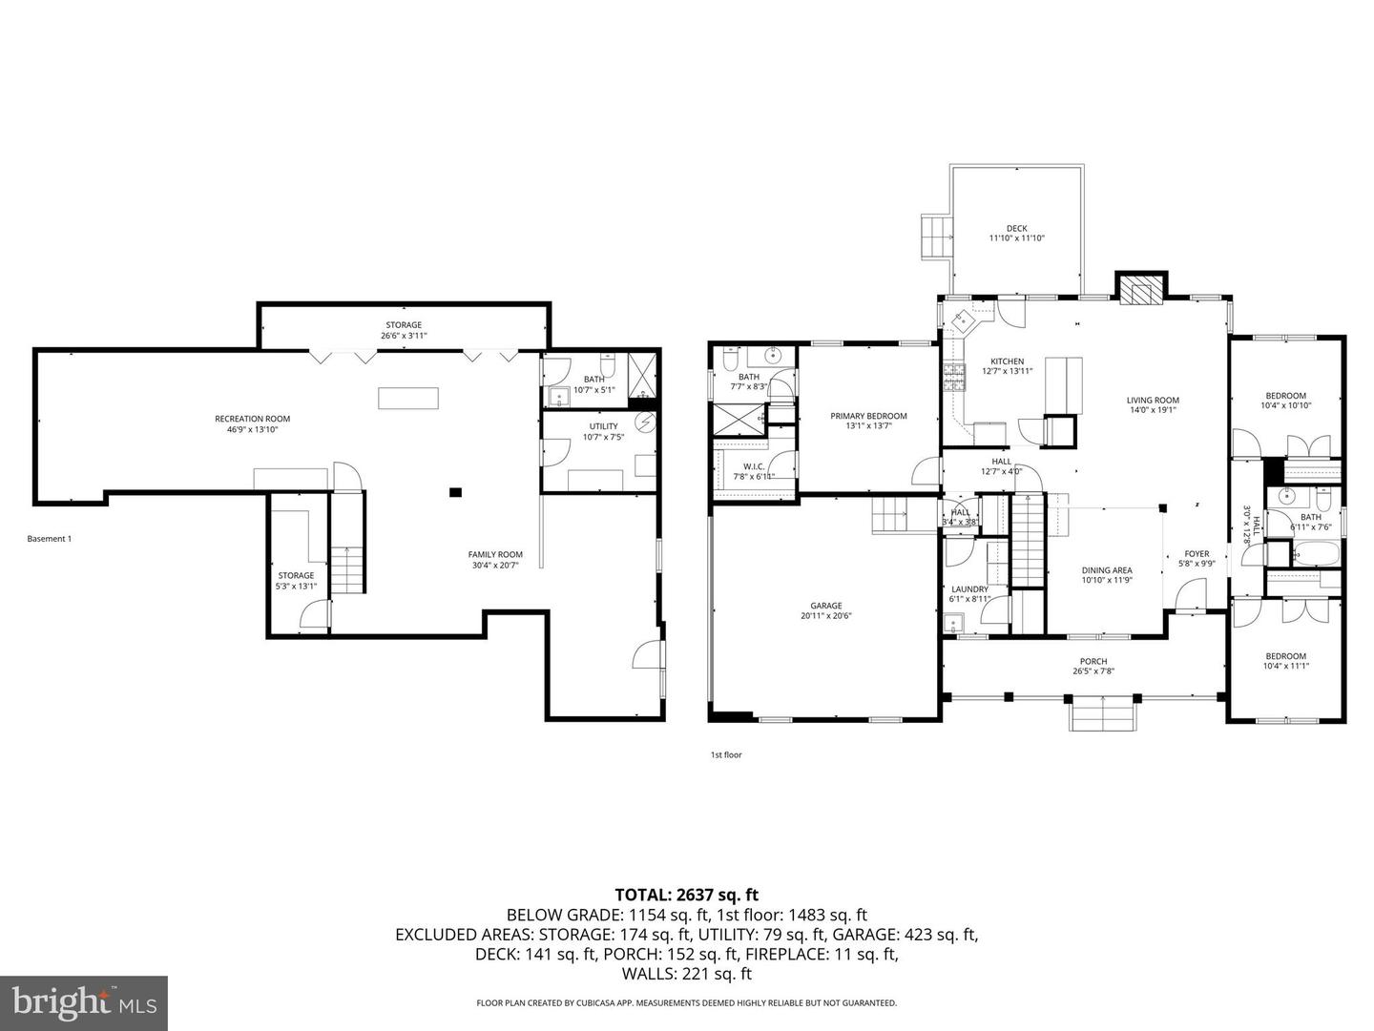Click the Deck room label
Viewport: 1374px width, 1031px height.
pos(1016,228)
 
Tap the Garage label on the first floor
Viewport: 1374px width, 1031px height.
pos(826,606)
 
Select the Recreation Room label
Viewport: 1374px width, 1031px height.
pos(252,419)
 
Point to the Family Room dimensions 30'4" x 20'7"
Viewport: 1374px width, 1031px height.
pos(495,565)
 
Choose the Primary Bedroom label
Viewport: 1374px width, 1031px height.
pos(868,416)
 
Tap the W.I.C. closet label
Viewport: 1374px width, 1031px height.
pos(753,466)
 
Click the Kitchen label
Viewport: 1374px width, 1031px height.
pos(1007,361)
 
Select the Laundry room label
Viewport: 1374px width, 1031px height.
pos(969,589)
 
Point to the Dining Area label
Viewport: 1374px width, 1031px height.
pos(1107,570)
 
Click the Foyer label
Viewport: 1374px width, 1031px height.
pos(1197,554)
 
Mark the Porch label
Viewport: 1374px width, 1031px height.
pos(1093,661)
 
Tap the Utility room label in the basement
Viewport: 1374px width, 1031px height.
pos(603,426)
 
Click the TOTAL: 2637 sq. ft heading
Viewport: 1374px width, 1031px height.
pos(686,895)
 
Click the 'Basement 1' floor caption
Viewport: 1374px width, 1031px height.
pos(49,539)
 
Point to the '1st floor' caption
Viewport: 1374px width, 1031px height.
pos(725,754)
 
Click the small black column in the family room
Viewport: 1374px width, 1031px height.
pos(455,492)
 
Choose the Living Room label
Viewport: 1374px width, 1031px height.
pos(1153,401)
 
